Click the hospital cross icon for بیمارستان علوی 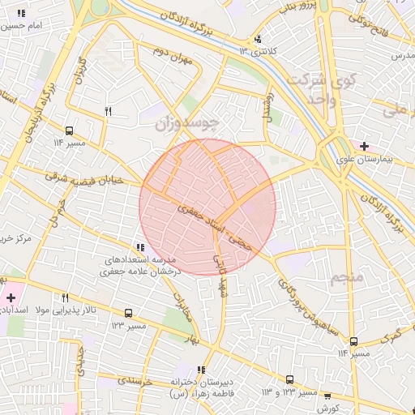coord(365,147)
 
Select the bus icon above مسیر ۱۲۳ coord(128,313)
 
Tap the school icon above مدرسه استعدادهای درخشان coord(141,247)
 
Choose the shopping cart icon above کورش coord(327,397)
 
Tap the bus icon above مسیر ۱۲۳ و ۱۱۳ coord(290,379)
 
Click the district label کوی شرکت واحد coord(311,90)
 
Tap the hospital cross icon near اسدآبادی coord(10,297)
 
